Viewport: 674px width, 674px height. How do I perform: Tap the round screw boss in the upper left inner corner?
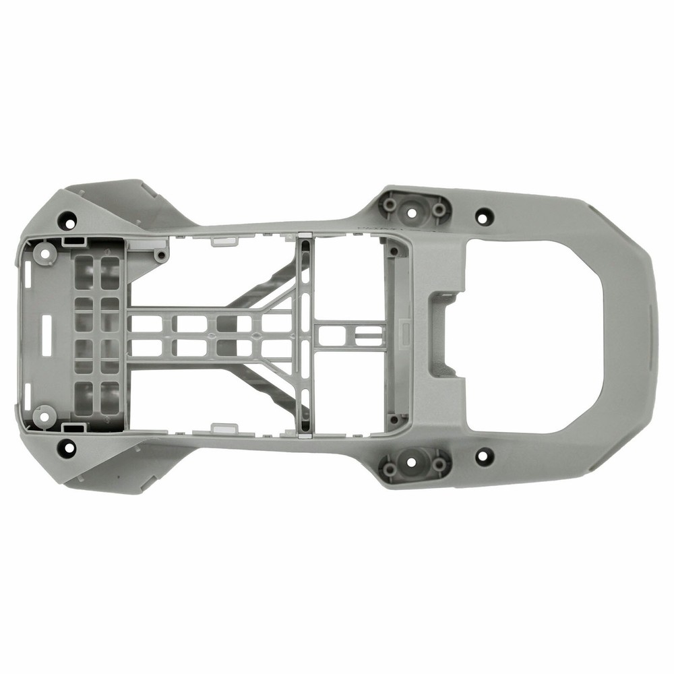[x=45, y=253]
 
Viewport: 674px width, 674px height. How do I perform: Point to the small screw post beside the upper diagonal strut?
[x=160, y=255]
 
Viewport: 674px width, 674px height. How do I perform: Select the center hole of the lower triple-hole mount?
[x=414, y=464]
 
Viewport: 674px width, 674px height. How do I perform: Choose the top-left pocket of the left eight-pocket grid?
[x=84, y=264]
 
